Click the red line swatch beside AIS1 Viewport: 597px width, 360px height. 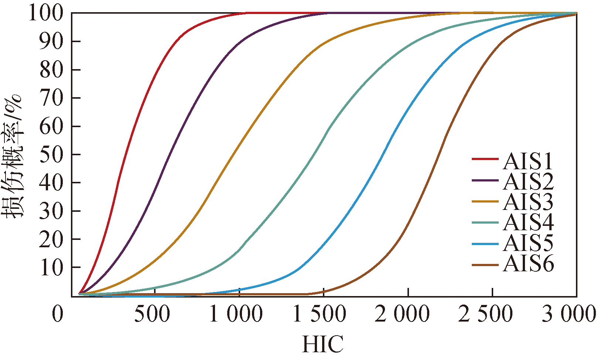(485, 159)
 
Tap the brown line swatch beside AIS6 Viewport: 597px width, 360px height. (485, 265)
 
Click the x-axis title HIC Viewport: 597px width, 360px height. (323, 344)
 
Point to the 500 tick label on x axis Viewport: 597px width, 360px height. (152, 315)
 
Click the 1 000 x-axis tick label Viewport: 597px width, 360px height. (236, 315)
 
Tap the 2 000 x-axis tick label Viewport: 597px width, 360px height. (402, 315)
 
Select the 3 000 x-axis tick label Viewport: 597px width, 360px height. (569, 315)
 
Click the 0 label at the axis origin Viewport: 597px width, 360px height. (58, 315)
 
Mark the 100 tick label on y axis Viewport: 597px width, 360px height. (46, 13)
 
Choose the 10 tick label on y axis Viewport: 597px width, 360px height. (51, 268)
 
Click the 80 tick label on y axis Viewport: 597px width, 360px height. (51, 70)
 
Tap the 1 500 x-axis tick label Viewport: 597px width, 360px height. (319, 315)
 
